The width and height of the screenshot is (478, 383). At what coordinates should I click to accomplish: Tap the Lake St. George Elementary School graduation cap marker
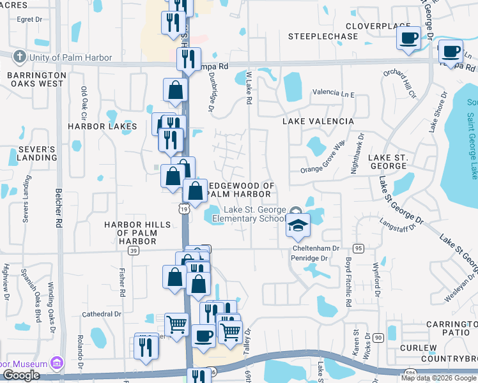point(298,225)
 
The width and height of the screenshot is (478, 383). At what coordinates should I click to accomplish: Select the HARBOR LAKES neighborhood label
point(103,126)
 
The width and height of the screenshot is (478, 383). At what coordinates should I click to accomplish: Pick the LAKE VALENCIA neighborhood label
point(318,121)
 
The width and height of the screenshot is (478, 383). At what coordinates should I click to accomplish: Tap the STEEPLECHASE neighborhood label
point(323,36)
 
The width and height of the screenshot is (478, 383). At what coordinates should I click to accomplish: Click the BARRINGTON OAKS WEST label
point(36,79)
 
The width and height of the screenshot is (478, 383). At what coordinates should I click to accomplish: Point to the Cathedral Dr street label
point(102,314)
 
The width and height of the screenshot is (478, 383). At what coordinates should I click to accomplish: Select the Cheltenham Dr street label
point(316,248)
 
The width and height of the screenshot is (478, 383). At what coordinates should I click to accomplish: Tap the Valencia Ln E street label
point(333,93)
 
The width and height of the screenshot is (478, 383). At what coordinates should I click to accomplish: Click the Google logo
point(21,375)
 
